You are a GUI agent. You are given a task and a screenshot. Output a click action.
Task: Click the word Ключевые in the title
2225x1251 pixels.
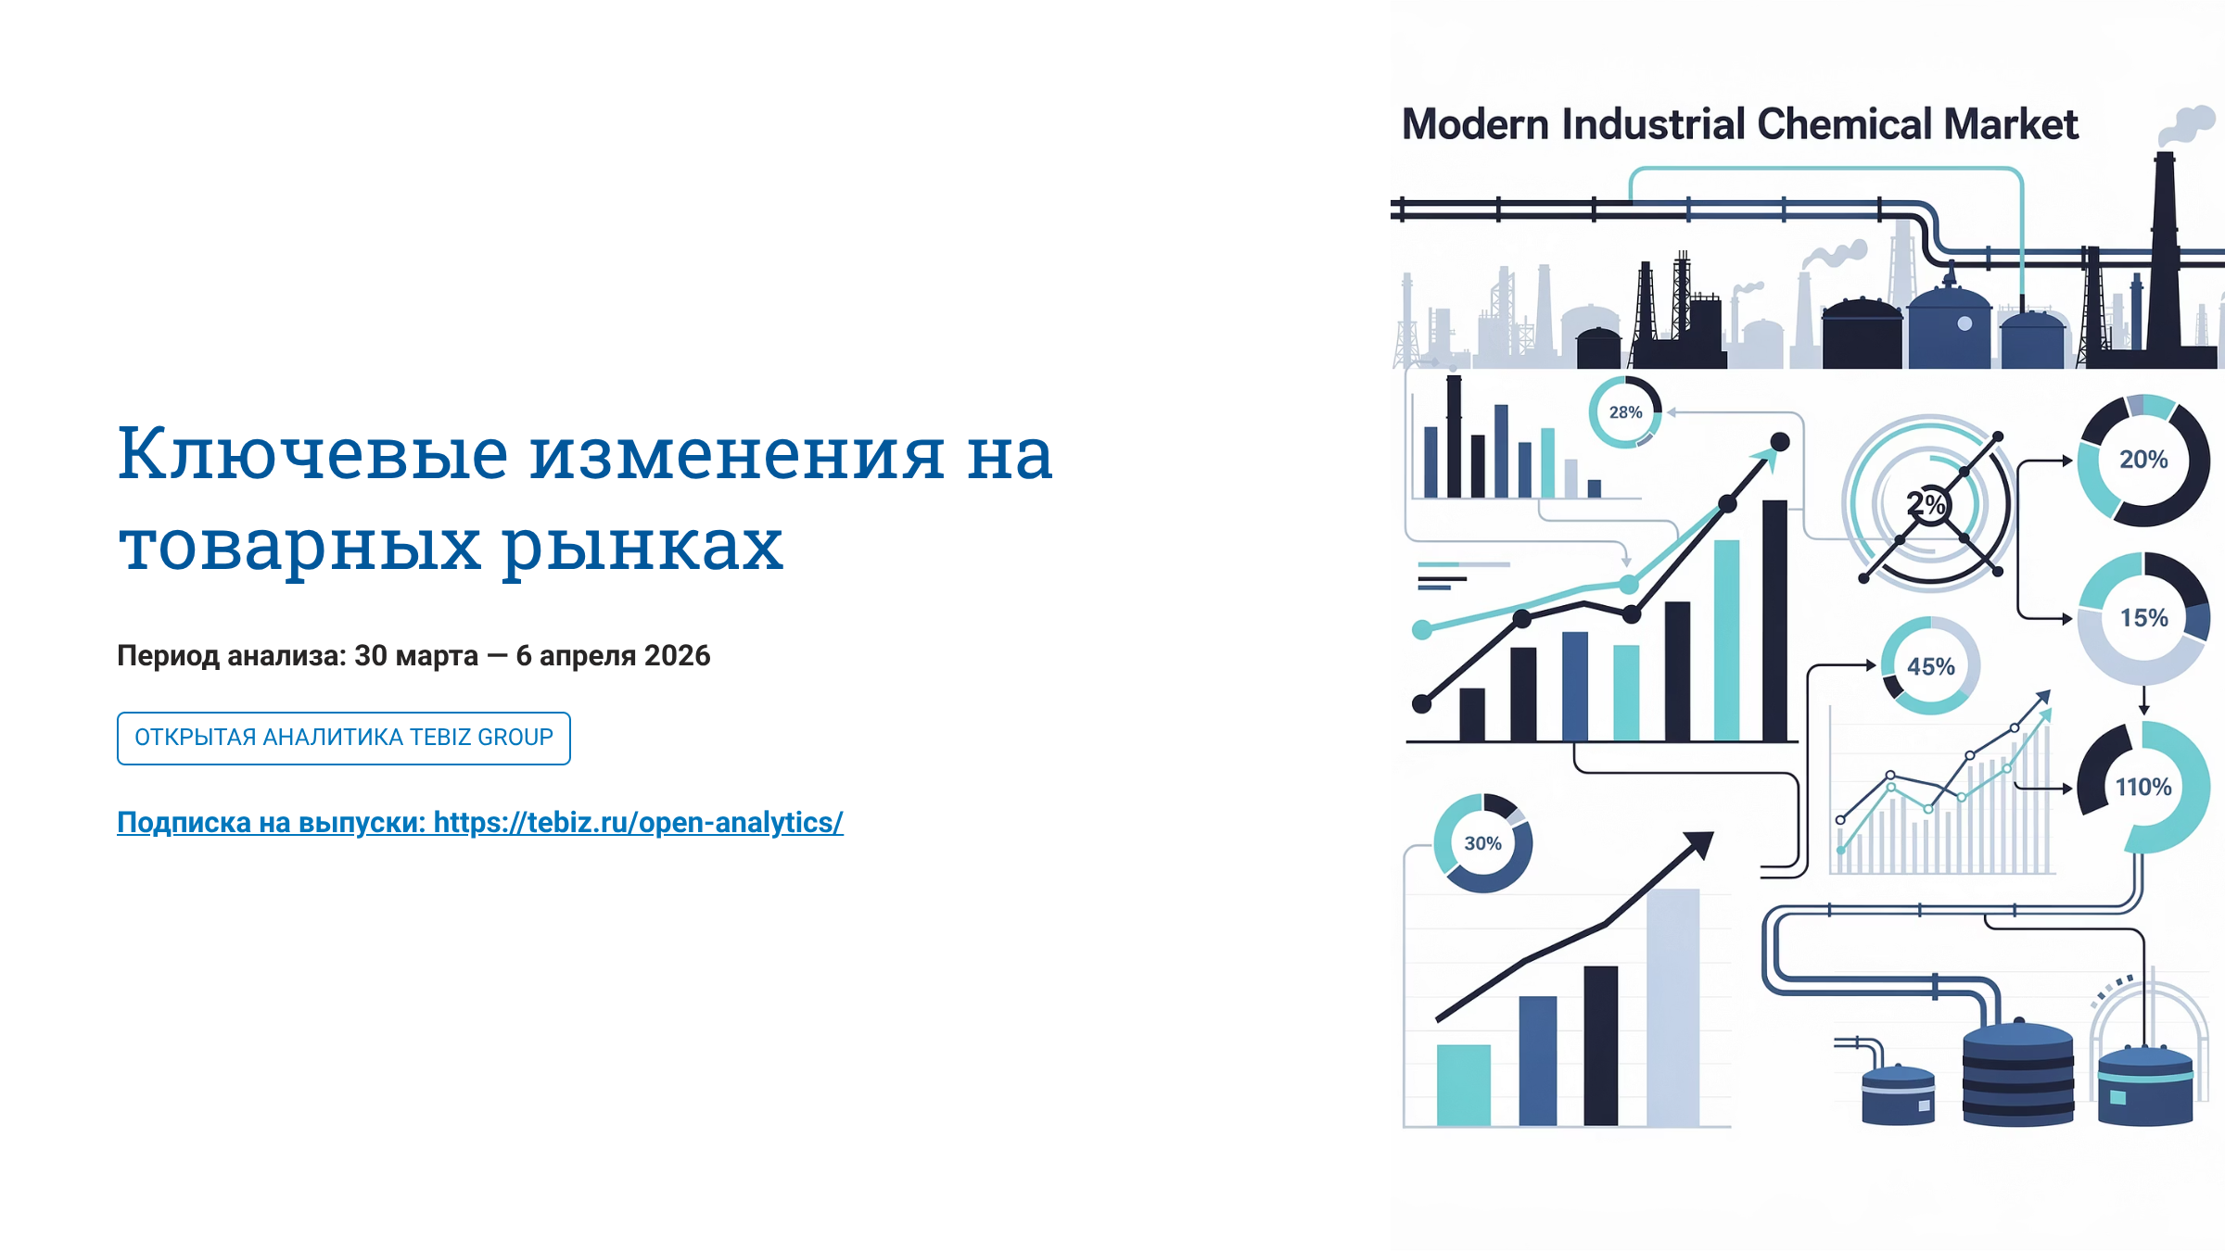pyautogui.click(x=312, y=455)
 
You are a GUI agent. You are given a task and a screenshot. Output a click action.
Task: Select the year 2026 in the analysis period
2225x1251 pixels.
pyautogui.click(x=677, y=655)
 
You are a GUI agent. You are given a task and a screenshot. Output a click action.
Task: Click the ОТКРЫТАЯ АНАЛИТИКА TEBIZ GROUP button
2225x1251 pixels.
pyautogui.click(x=344, y=738)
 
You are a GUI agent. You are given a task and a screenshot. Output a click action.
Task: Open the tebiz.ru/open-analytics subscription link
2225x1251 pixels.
pyautogui.click(x=480, y=822)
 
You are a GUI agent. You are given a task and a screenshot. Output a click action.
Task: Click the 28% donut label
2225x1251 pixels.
pyautogui.click(x=1625, y=412)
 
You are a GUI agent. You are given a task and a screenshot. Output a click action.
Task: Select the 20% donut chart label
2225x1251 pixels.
pyautogui.click(x=2143, y=460)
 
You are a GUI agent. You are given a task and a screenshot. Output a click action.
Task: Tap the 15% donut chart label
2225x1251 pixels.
pyautogui.click(x=2143, y=618)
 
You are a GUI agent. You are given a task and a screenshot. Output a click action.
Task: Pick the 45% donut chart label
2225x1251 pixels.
pyautogui.click(x=1930, y=666)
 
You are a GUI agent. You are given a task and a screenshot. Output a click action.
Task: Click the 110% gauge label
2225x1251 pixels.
pyautogui.click(x=2143, y=787)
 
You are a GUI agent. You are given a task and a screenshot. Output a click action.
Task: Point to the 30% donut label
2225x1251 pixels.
pyautogui.click(x=1482, y=843)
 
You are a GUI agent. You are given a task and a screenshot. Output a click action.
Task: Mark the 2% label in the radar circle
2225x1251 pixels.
pyautogui.click(x=1926, y=504)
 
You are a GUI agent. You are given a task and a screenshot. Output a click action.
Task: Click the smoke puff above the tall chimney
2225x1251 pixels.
pyautogui.click(x=2188, y=124)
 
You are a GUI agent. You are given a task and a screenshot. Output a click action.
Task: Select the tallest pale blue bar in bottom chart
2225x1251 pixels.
pyautogui.click(x=1672, y=1007)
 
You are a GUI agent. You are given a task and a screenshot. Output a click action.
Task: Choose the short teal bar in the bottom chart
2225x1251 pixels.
pyautogui.click(x=1464, y=1085)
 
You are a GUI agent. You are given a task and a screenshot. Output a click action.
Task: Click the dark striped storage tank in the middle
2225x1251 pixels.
pyautogui.click(x=2018, y=1074)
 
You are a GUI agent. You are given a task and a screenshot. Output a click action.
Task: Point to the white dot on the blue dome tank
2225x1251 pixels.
pyautogui.click(x=1964, y=323)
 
